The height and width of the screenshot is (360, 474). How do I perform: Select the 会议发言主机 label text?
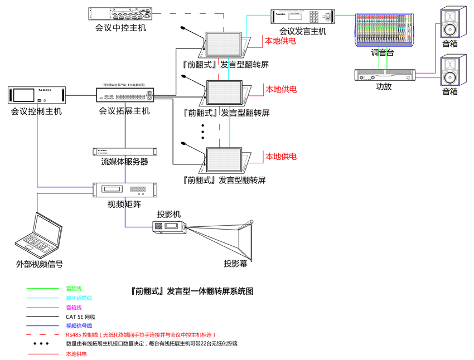pyautogui.click(x=303, y=32)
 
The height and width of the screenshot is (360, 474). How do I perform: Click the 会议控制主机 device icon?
pyautogui.click(x=37, y=95)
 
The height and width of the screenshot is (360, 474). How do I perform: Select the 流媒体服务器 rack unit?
pyautogui.click(x=125, y=151)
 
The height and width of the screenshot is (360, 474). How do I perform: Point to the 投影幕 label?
pyautogui.click(x=235, y=264)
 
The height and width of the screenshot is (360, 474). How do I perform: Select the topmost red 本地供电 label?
pyautogui.click(x=280, y=41)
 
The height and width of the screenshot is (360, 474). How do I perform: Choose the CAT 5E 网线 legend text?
pyautogui.click(x=80, y=317)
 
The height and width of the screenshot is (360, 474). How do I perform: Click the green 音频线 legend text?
pyautogui.click(x=74, y=289)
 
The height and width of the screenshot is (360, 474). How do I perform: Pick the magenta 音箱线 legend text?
pyautogui.click(x=74, y=308)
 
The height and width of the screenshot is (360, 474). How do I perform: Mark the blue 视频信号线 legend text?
pyautogui.click(x=79, y=326)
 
